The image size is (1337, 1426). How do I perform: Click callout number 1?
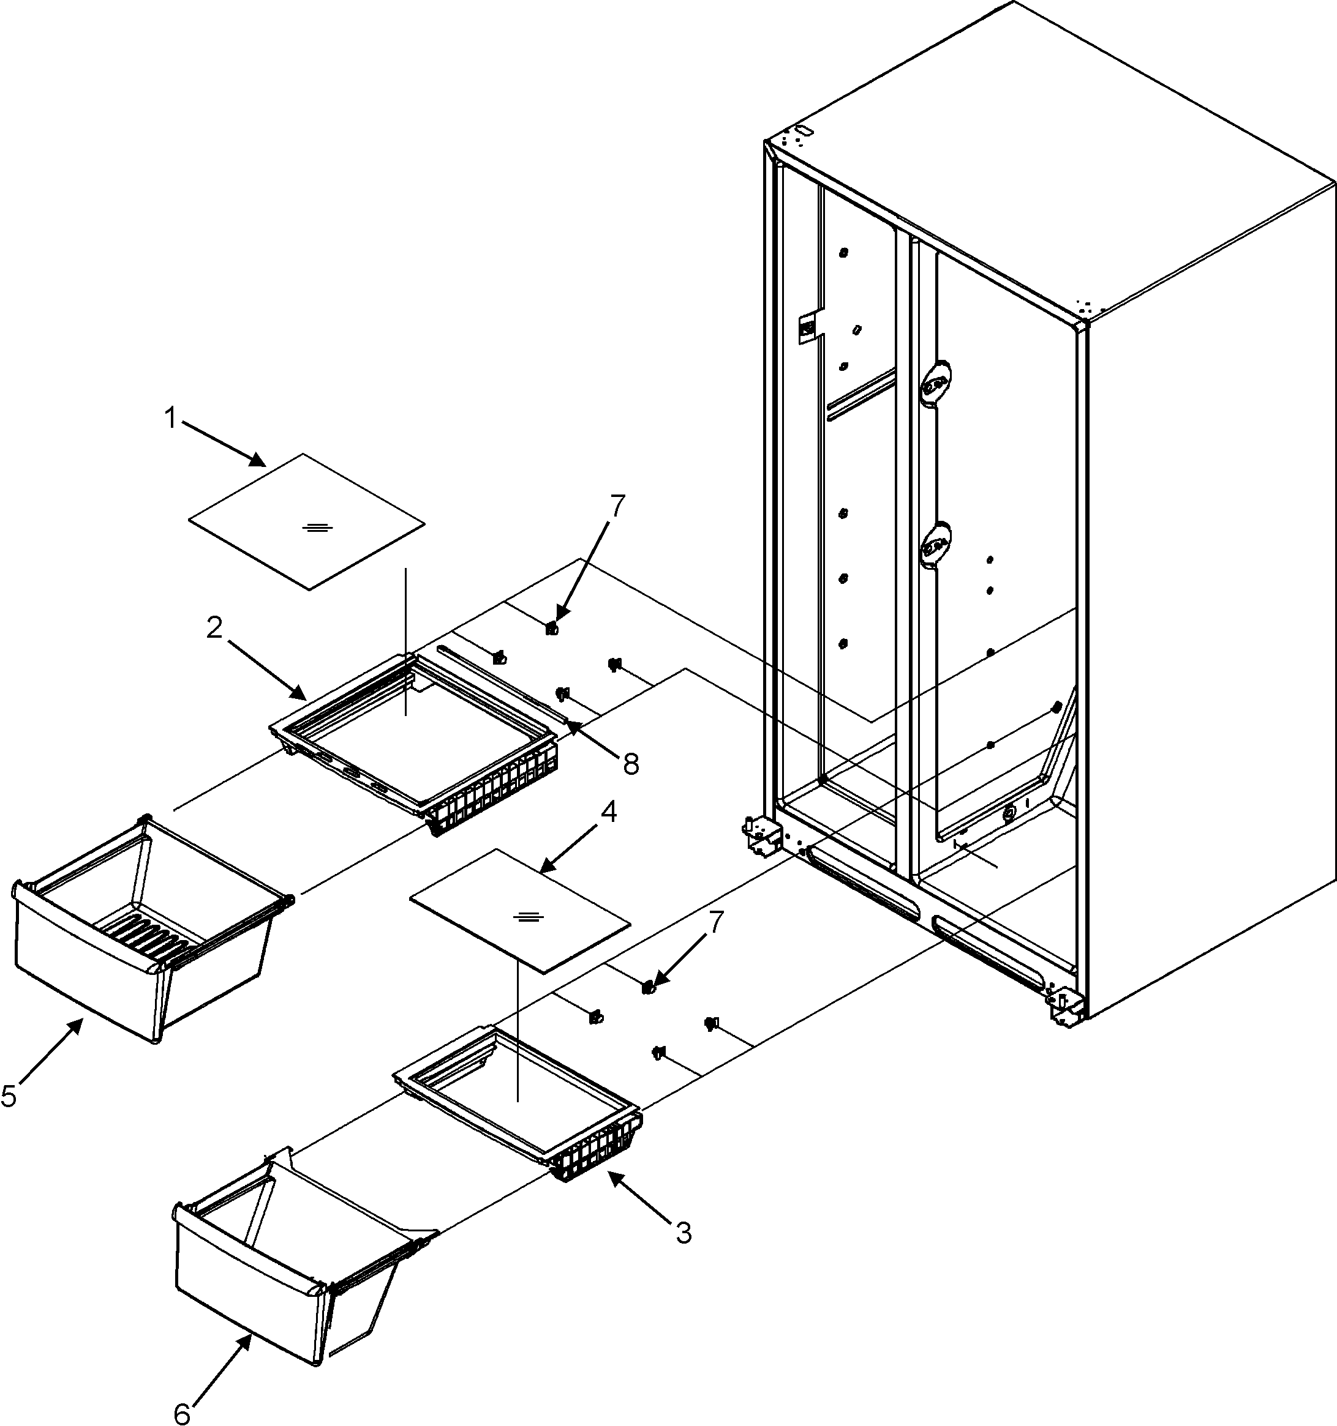coord(171,418)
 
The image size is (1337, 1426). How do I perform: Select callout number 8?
coord(630,764)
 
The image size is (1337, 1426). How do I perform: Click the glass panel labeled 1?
coord(306,521)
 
